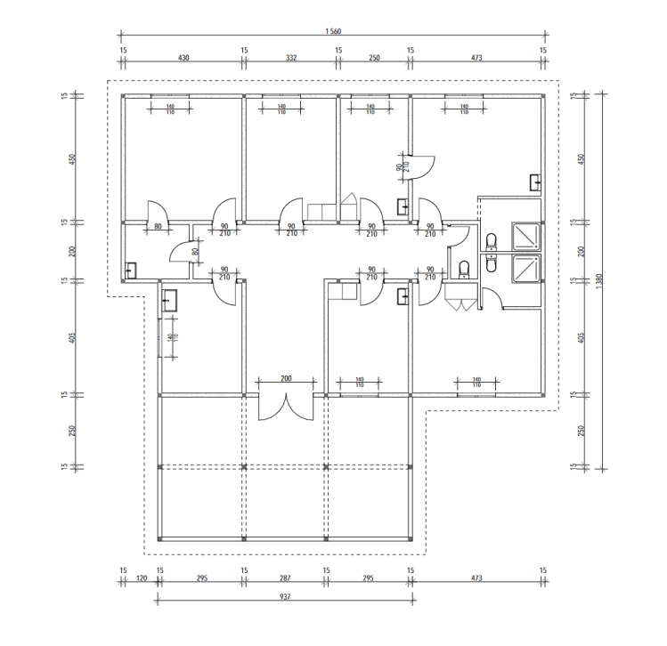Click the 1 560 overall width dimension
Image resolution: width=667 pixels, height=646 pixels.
[x=333, y=31]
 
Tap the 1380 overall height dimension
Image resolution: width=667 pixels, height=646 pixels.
[x=599, y=281]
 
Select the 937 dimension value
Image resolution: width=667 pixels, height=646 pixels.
[x=285, y=597]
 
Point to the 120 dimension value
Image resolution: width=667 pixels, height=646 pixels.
[x=142, y=578]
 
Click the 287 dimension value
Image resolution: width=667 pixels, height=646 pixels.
[x=285, y=578]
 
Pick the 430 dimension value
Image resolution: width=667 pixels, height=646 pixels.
[x=183, y=58]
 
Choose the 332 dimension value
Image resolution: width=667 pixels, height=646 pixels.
[x=291, y=58]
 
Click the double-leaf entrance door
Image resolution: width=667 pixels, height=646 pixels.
[x=286, y=408]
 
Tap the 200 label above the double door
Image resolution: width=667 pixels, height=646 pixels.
[x=286, y=378]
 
